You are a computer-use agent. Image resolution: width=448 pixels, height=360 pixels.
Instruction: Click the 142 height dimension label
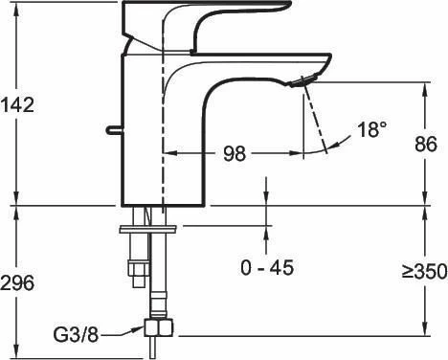[x=17, y=104]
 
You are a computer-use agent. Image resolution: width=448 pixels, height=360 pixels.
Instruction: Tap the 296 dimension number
[x=17, y=282]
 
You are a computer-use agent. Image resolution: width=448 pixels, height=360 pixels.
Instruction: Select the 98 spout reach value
[x=235, y=153]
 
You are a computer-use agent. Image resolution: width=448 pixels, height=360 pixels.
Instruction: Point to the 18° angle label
[x=372, y=129]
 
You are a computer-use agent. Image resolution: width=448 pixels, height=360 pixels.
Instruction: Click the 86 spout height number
[x=426, y=145]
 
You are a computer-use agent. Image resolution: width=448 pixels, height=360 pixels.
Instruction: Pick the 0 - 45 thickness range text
[x=267, y=268]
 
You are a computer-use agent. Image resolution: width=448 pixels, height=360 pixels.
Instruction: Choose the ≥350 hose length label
[x=424, y=272]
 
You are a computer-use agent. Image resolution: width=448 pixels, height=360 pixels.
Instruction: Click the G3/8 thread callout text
[x=76, y=335]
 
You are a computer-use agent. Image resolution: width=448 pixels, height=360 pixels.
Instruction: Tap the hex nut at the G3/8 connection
[x=158, y=327]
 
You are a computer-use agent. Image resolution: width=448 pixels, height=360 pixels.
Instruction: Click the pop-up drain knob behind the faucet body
[x=113, y=129]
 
